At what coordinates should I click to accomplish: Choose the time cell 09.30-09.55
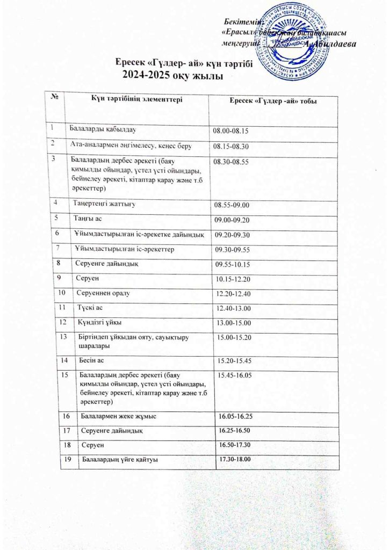234,250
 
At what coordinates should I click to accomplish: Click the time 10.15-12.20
233,280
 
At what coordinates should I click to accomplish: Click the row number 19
68,460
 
